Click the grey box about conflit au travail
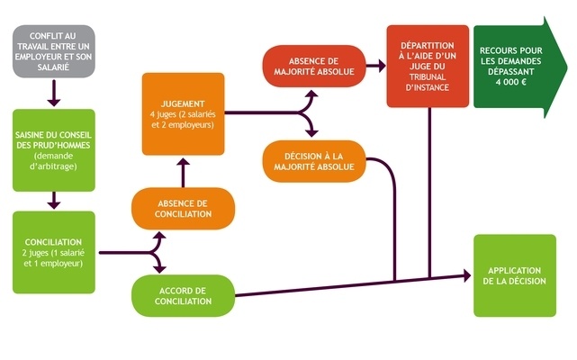52,52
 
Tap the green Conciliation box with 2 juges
54,253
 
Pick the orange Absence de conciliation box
184,209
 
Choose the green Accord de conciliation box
184,296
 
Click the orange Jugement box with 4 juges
183,114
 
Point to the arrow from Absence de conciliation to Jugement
183,171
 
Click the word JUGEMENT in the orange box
183,102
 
